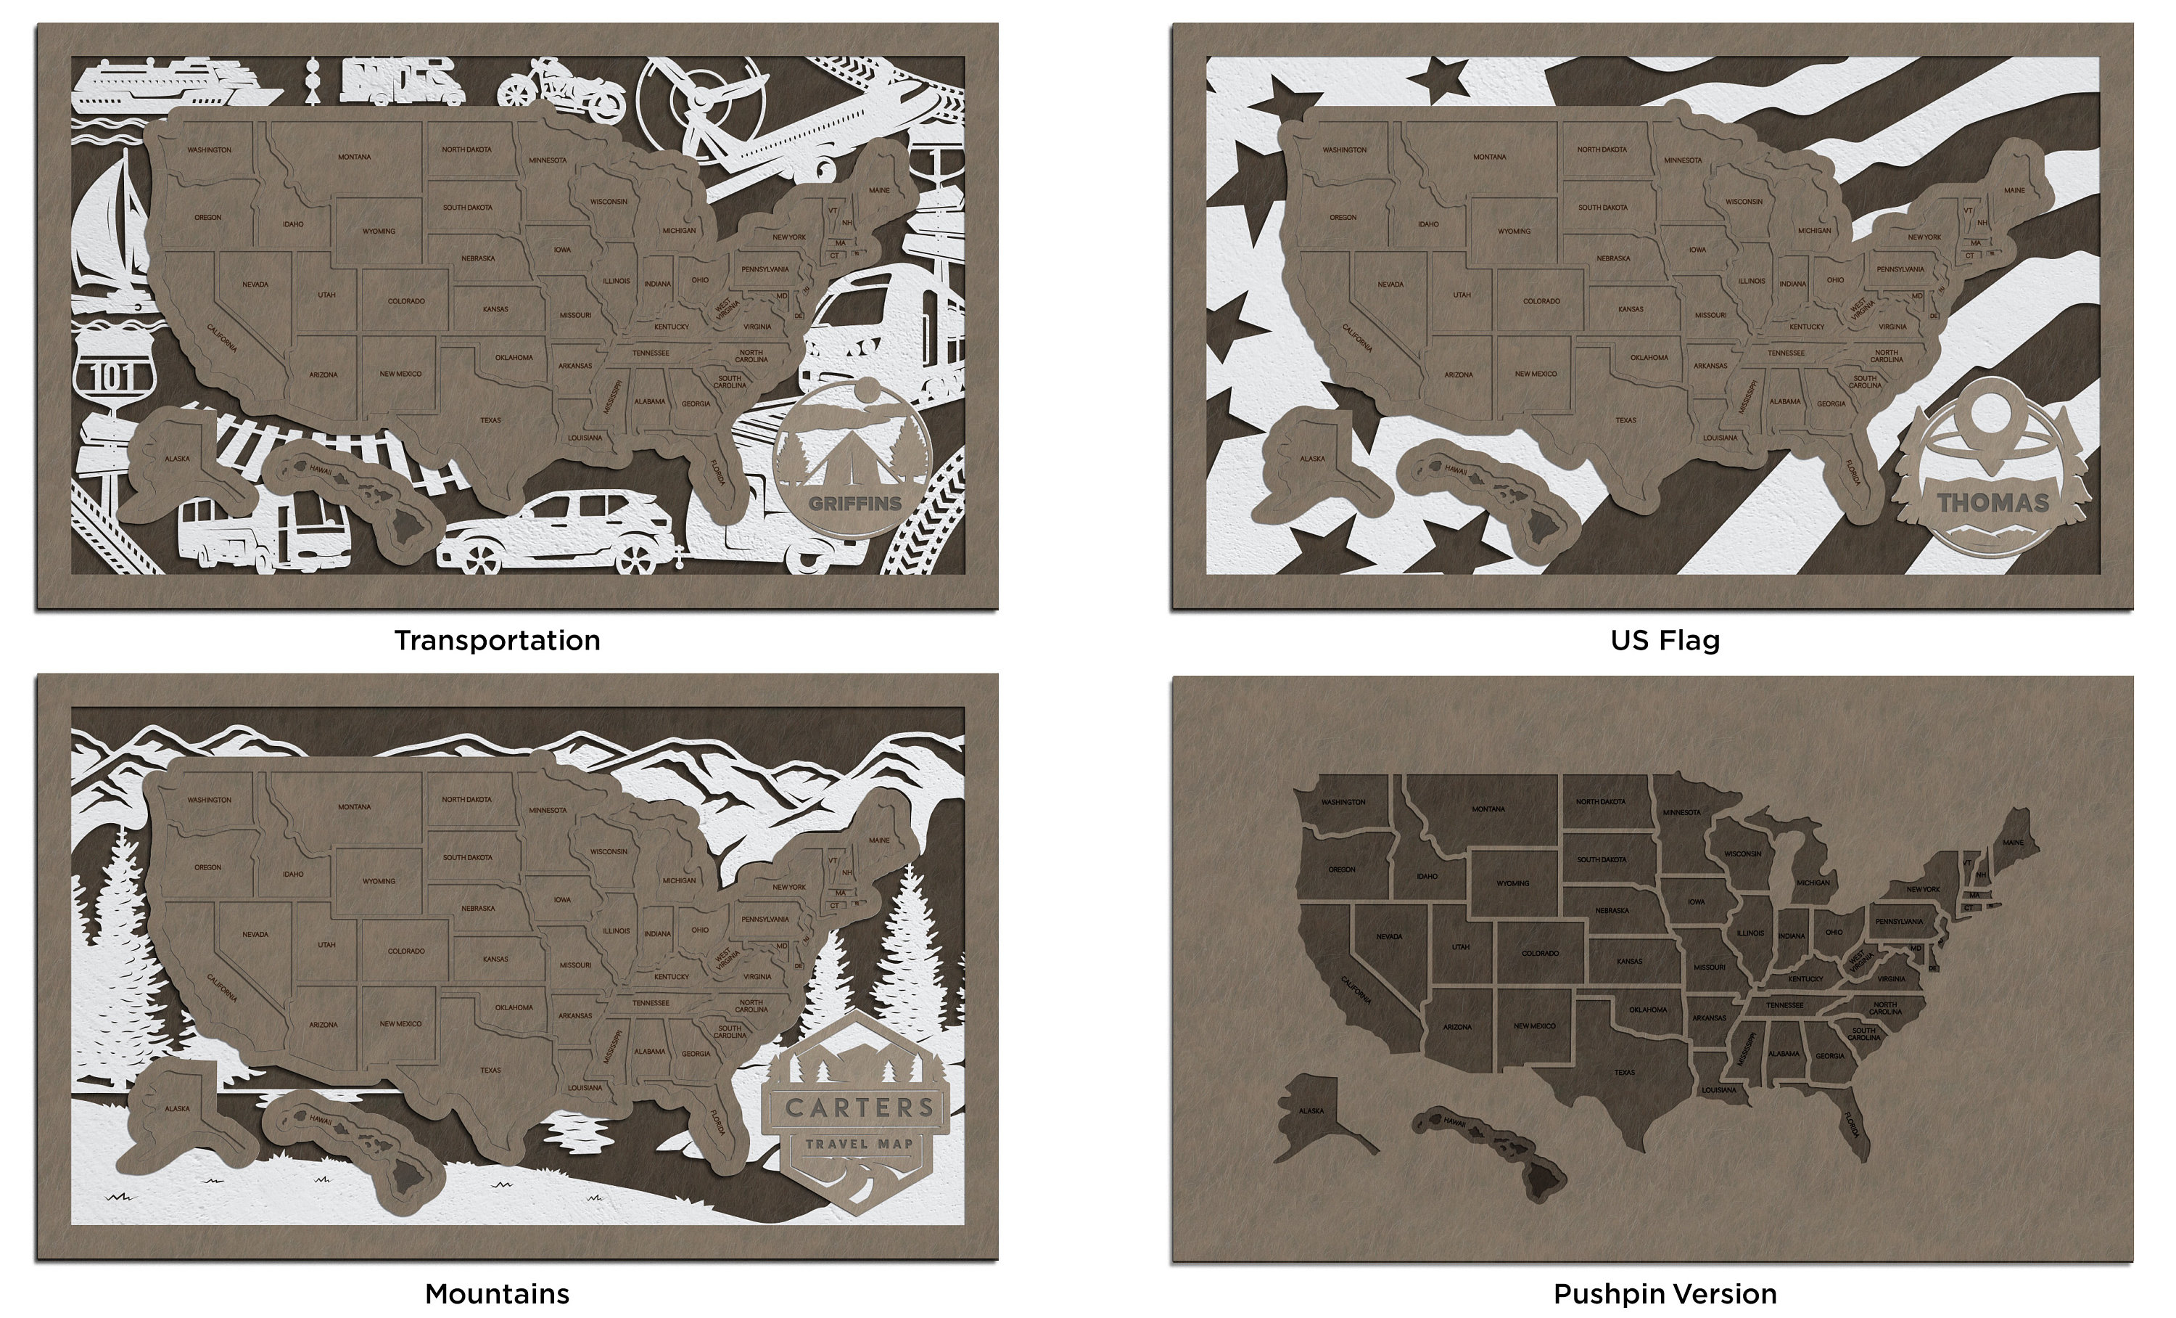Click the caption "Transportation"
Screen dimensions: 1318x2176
(497, 640)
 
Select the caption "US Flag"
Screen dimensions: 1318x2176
(1665, 640)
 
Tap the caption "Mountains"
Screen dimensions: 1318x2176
(497, 1294)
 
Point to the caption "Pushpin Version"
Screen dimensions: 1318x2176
(1665, 1294)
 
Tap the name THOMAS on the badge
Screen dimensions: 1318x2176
(1992, 503)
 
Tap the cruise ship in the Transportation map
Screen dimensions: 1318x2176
(168, 86)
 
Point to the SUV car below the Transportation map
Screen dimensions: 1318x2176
(556, 534)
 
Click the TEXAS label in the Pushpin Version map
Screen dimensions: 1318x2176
(1624, 1073)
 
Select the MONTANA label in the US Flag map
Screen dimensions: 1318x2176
(1489, 157)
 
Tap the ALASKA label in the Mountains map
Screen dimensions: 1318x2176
(177, 1109)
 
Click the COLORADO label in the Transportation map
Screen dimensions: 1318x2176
(406, 301)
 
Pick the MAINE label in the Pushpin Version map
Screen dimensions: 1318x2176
(2013, 843)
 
